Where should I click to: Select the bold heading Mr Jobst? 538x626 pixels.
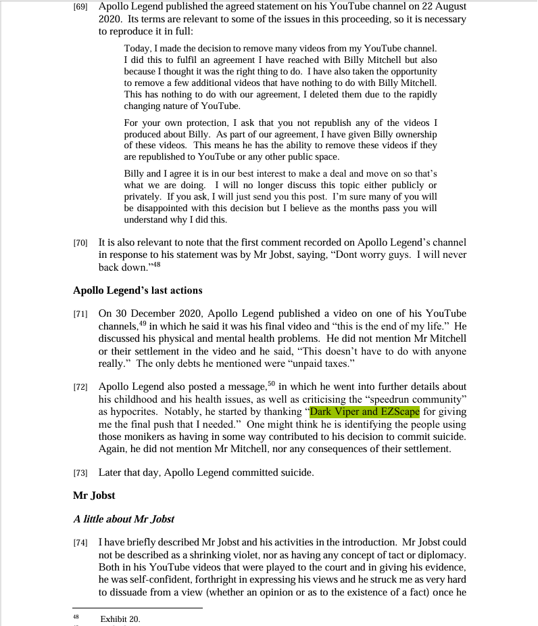click(x=94, y=495)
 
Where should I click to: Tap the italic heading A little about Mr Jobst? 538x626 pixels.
click(x=124, y=519)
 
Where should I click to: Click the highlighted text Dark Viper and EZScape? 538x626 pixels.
click(x=364, y=411)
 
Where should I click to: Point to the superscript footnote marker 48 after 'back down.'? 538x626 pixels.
click(x=156, y=263)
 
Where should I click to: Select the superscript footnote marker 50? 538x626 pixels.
click(x=271, y=384)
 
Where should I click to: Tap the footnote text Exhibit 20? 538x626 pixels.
click(x=120, y=619)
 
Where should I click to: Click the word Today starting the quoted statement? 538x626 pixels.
click(x=138, y=49)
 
